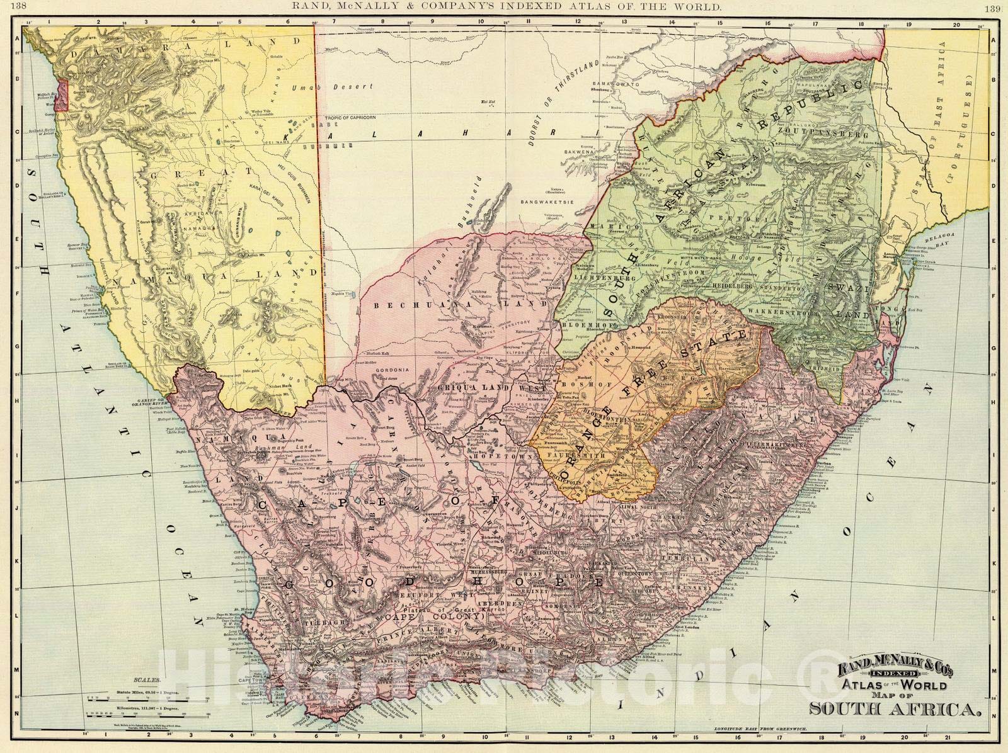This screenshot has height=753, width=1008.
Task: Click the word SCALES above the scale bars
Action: pyautogui.click(x=147, y=681)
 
